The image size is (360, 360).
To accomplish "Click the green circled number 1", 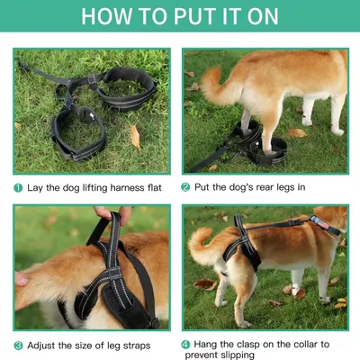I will [18, 187].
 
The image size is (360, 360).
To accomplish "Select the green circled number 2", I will [185, 187].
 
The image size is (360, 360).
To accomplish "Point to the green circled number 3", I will [18, 345].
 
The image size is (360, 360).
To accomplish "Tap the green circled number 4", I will [185, 343].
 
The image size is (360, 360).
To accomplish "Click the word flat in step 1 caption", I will [157, 187].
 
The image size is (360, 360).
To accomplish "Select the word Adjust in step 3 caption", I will [43, 345].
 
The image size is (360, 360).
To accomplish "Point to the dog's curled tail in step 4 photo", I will [203, 247].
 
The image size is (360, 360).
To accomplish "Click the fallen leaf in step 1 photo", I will [134, 136].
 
